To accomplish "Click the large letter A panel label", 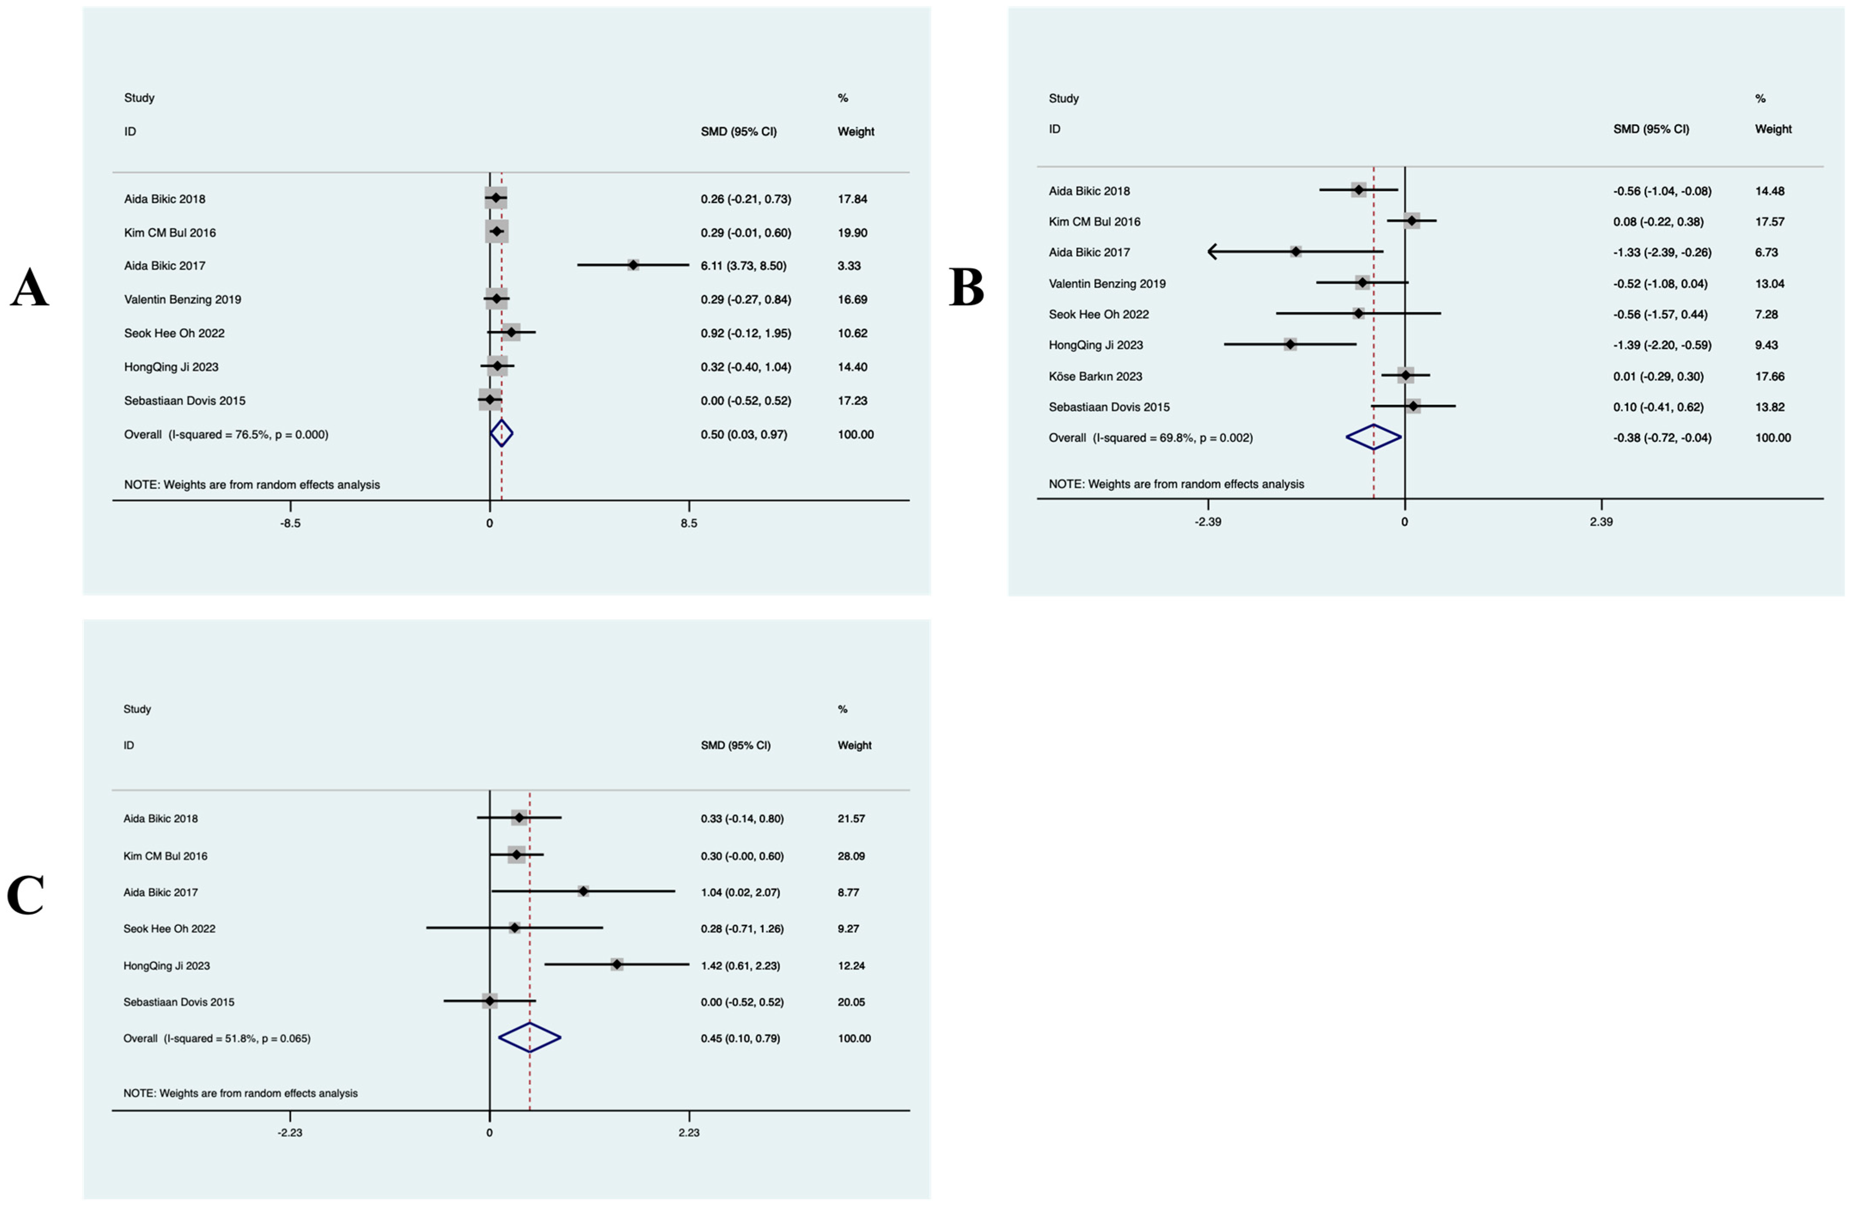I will point(30,288).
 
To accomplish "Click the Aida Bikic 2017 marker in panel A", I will point(633,265).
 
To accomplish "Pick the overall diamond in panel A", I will point(502,434).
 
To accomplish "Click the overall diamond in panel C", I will point(530,1037).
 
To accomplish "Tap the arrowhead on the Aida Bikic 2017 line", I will point(1212,252).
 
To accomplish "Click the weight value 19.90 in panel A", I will point(852,233).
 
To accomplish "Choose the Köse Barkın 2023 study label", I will point(1095,376).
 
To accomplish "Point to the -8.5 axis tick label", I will point(290,523).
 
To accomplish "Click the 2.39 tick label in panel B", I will point(1601,522).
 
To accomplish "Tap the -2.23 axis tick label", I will point(290,1132).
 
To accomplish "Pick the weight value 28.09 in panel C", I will point(851,856).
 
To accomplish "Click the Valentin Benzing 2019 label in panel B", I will point(1107,283).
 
